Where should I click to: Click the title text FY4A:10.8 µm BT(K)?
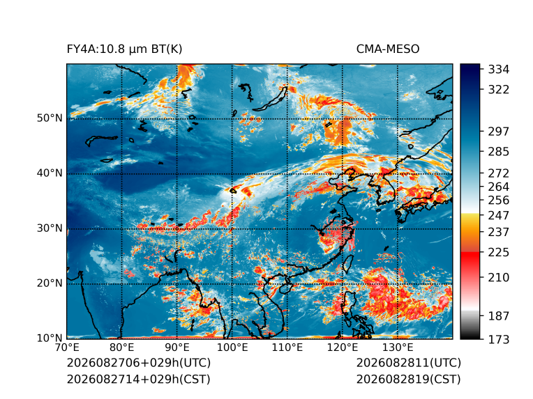pos(124,49)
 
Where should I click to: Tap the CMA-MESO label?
pos(388,49)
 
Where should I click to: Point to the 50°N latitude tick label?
pos(50,118)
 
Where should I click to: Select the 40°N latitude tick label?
pos(50,173)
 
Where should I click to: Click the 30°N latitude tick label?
pos(50,228)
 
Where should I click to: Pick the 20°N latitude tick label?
pos(50,283)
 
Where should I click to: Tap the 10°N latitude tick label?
pos(50,338)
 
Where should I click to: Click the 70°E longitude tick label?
pos(67,347)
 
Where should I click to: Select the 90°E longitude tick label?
pos(177,347)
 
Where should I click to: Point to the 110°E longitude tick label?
pos(287,347)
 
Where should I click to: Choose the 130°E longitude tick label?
pos(398,347)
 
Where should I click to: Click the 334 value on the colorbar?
pos(499,70)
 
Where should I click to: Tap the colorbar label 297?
pos(499,132)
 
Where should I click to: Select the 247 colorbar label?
pos(499,215)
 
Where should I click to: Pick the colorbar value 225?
pos(499,253)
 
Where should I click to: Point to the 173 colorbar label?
pos(499,339)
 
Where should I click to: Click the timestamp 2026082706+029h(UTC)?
pos(139,363)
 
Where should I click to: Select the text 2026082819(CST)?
pos(409,380)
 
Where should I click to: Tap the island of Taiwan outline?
pos(347,265)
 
